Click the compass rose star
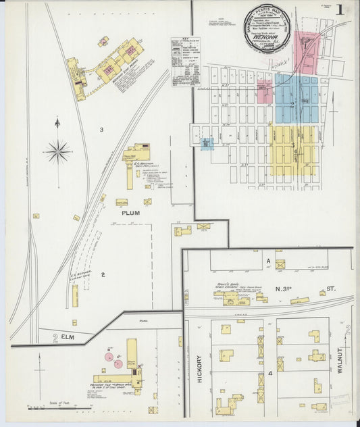pos(58,151)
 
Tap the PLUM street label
pos(130,213)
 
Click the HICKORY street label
pos(199,370)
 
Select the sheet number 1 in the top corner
pos(346,11)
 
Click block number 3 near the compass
pos(101,130)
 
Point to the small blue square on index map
pos(207,143)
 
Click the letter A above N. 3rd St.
pos(267,260)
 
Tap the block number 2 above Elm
pos(103,274)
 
